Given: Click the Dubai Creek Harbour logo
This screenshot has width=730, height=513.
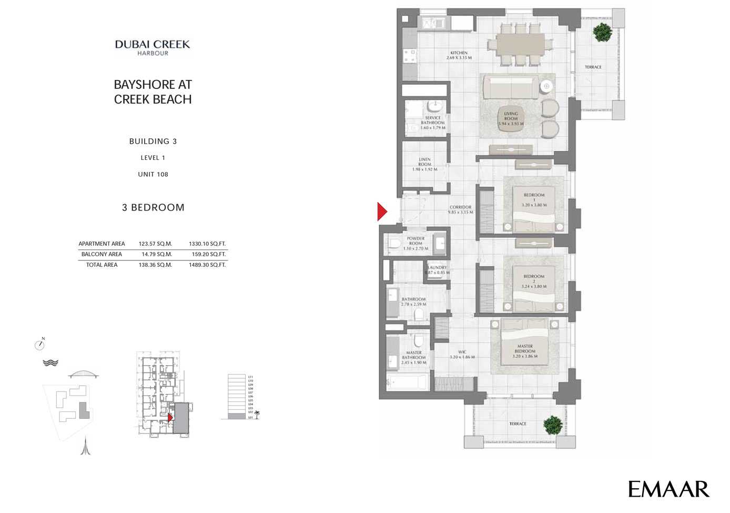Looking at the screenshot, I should click(x=153, y=47).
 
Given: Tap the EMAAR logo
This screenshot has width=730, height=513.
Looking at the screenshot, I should click(x=668, y=489).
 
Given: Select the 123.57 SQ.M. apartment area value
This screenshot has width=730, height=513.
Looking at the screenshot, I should click(x=155, y=244).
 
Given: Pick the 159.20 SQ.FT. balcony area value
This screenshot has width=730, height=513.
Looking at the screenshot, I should click(x=207, y=254).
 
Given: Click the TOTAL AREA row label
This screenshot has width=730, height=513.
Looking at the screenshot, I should click(x=102, y=265).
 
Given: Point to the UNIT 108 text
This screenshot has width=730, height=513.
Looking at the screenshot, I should click(x=153, y=174).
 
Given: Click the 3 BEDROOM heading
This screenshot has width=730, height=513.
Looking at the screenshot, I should click(x=153, y=207).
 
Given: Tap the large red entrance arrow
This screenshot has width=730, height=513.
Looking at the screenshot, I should click(x=382, y=212).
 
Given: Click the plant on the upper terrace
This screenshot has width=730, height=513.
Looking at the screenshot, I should click(x=602, y=33).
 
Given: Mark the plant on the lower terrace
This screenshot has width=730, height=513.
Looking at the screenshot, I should click(x=553, y=425).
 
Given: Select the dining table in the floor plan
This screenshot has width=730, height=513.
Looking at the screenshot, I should click(x=520, y=45).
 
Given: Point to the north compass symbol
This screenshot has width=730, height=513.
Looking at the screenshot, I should click(x=39, y=345).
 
